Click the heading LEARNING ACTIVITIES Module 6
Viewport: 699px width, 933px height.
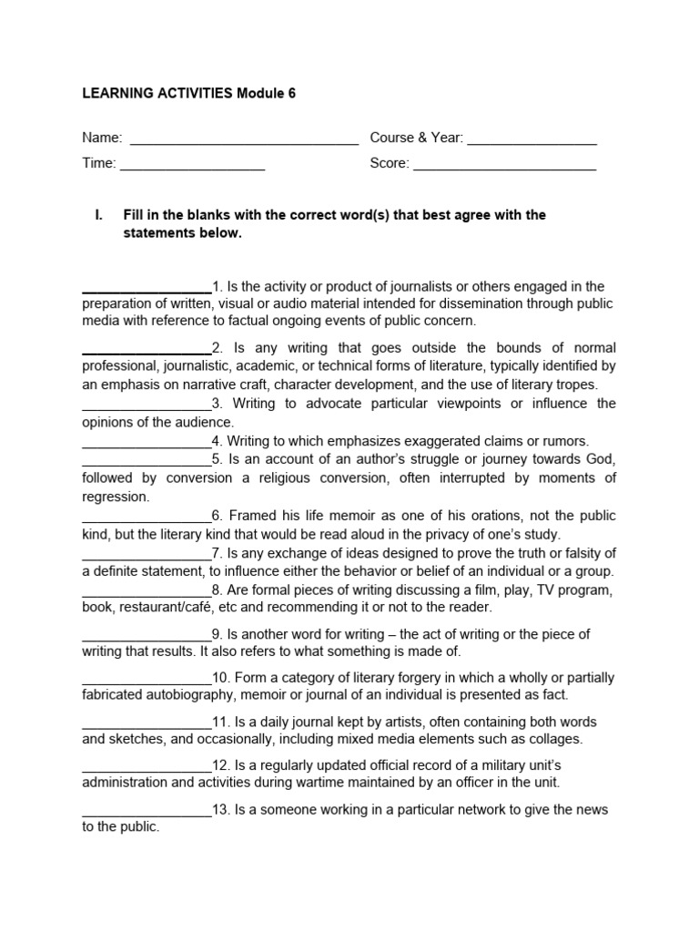click(189, 94)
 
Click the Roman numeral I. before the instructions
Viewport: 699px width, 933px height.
click(98, 215)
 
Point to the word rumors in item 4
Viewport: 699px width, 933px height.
click(567, 441)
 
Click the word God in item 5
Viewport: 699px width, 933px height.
click(602, 458)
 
